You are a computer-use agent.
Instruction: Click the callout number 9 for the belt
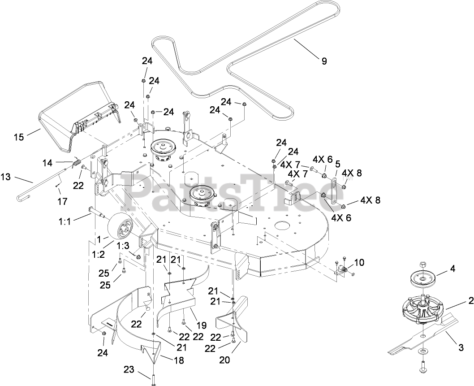324,61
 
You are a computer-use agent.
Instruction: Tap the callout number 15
19,137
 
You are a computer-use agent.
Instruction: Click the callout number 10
359,262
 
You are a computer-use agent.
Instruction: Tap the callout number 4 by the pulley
452,270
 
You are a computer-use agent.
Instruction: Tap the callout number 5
338,163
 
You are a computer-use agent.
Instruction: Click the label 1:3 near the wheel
123,246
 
